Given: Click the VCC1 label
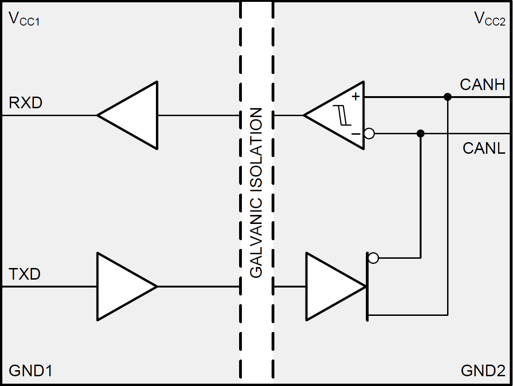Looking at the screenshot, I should click(x=24, y=19).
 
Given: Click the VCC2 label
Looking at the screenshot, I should click(x=489, y=19).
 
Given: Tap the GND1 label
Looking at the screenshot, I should click(x=31, y=371).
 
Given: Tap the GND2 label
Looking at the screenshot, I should click(x=483, y=371).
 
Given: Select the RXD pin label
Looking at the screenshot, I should click(x=26, y=103).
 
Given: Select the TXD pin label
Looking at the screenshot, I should click(x=25, y=274).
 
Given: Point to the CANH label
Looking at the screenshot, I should click(x=482, y=85).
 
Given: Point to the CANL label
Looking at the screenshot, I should click(x=484, y=149).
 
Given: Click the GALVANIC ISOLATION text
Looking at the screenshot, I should click(x=256, y=193).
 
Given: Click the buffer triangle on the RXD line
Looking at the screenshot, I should click(x=132, y=115).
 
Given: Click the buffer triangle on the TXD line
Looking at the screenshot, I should click(x=122, y=286).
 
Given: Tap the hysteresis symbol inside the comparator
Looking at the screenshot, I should click(x=344, y=115).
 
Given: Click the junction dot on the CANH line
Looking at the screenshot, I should click(x=448, y=97).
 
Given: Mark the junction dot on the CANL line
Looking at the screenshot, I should click(x=421, y=134).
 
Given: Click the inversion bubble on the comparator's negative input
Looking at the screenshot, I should click(x=369, y=134).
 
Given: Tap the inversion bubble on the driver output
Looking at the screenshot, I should click(x=373, y=258).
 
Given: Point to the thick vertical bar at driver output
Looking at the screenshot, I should click(x=367, y=286).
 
